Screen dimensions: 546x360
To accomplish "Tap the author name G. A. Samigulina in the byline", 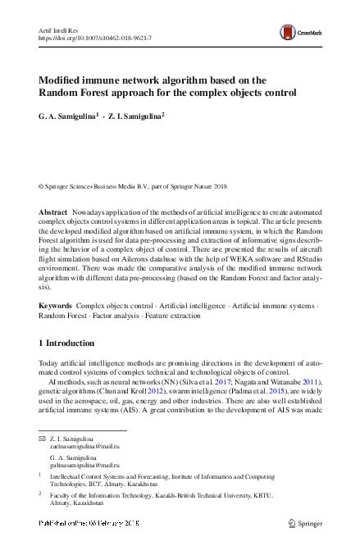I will point(68,117).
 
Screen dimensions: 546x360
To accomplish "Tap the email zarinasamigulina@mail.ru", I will point(85,448).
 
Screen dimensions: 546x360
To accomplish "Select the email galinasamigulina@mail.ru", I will point(85,466).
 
